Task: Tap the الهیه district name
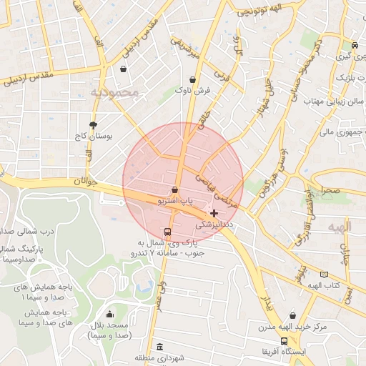pyautogui.click(x=340, y=227)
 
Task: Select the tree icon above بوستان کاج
pyautogui.click(x=93, y=124)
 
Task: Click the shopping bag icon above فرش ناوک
pyautogui.click(x=193, y=80)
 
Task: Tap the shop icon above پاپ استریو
pyautogui.click(x=175, y=190)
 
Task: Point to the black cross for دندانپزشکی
pyautogui.click(x=214, y=213)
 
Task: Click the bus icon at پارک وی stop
pyautogui.click(x=167, y=232)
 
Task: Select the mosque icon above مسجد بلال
pyautogui.click(x=109, y=315)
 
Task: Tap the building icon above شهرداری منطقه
pyautogui.click(x=159, y=346)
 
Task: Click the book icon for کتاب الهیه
pyautogui.click(x=325, y=274)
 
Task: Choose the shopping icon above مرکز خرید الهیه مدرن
pyautogui.click(x=293, y=315)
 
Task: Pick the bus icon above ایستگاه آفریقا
pyautogui.click(x=285, y=341)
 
